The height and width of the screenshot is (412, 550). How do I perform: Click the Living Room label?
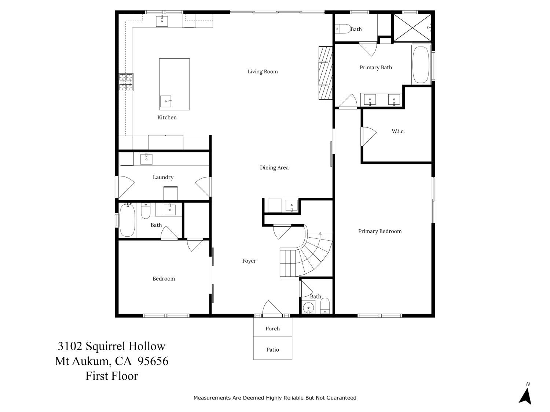(263, 72)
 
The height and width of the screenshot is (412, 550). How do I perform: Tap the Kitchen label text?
(167, 118)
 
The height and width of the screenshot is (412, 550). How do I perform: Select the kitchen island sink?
(166, 101)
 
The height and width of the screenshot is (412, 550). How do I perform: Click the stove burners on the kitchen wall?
(126, 82)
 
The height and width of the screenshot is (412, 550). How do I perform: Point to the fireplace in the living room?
(325, 73)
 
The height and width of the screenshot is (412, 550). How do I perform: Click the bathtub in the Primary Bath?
(421, 65)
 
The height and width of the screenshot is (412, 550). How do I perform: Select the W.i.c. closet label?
(398, 131)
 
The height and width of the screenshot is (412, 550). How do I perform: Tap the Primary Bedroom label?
(379, 231)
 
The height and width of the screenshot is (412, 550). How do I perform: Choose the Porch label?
(272, 329)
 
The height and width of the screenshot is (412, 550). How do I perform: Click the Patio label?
(272, 350)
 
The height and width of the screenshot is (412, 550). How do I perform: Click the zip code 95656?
(153, 361)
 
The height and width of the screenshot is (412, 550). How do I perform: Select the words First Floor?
(112, 376)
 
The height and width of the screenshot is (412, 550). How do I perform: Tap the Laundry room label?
(163, 177)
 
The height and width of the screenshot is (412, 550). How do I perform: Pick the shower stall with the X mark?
(411, 27)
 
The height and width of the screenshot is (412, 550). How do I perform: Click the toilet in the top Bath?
(341, 28)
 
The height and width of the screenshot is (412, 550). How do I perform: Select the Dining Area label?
(274, 168)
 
